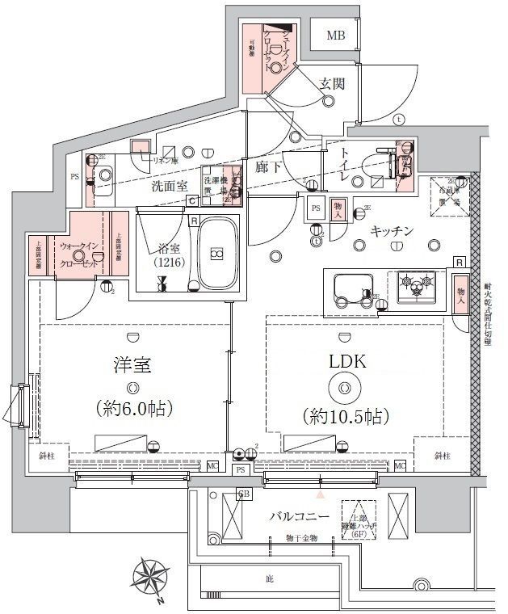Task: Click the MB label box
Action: pos(336,36)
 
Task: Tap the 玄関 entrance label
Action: pos(332,82)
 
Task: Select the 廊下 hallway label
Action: pos(268,168)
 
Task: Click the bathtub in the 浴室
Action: pos(215,254)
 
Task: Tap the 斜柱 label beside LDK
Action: pos(441,456)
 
